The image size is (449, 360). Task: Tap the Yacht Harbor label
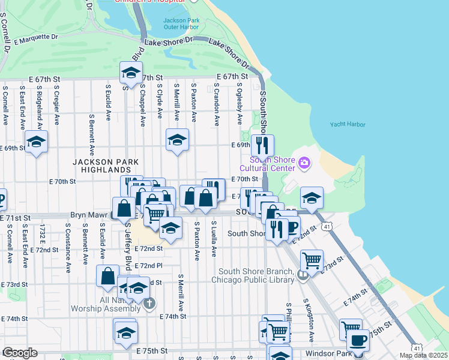(347, 125)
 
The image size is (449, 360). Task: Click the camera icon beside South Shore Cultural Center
(304, 162)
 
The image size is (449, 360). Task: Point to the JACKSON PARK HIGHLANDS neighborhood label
(106, 166)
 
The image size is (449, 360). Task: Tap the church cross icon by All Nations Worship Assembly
(149, 303)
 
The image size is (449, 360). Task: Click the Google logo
(20, 353)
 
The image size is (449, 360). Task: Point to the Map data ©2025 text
(423, 355)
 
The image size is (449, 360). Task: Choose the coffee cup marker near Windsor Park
(359, 340)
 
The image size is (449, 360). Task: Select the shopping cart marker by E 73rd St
(312, 260)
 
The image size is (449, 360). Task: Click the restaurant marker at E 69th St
(262, 145)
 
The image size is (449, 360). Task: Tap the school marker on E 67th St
(130, 73)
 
